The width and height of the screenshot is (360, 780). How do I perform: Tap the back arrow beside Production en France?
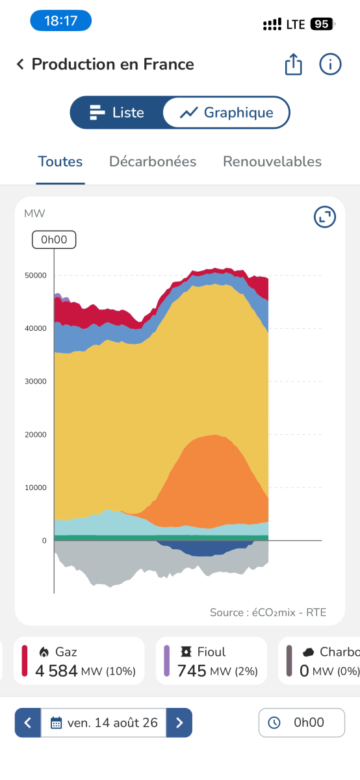[x=21, y=64]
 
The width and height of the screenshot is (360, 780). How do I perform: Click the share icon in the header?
[x=294, y=64]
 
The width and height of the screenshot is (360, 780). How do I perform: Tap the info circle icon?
[x=330, y=64]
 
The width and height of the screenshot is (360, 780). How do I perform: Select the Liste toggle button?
[x=117, y=112]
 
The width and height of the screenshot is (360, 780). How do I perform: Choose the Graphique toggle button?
[x=226, y=112]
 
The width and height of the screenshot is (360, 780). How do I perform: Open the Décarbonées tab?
[x=153, y=162]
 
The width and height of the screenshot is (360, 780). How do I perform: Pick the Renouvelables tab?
[x=272, y=162]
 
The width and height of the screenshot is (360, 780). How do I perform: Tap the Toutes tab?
[x=60, y=162]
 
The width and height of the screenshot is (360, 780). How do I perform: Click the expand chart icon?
[x=325, y=217]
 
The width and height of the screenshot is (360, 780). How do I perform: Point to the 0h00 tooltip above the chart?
[x=54, y=240]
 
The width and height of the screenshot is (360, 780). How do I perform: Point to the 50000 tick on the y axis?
[x=36, y=276]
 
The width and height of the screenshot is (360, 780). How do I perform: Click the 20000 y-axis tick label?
[x=36, y=435]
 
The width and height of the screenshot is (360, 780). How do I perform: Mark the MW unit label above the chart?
[x=34, y=213]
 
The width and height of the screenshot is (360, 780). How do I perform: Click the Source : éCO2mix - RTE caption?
[x=268, y=612]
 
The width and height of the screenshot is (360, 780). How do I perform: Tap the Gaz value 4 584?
[x=56, y=671]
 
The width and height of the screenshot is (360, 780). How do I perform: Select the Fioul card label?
[x=211, y=652]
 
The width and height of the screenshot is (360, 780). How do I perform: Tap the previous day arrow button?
[x=28, y=723]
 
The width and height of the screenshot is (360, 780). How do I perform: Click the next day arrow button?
[x=179, y=723]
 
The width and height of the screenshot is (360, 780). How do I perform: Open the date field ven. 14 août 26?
[x=104, y=723]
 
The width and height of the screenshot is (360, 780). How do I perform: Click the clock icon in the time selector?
[x=274, y=723]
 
